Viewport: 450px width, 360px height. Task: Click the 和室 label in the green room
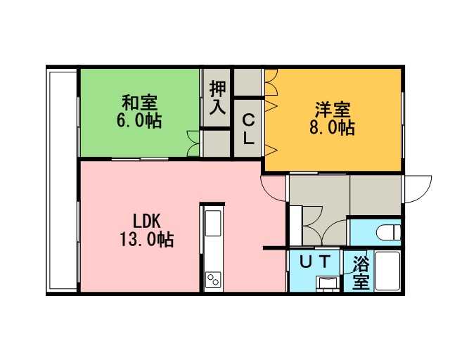coord(140,103)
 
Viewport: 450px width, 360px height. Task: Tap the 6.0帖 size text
coord(139,120)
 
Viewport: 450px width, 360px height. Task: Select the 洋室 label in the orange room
coord(333,110)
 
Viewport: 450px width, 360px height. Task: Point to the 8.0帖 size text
coord(333,127)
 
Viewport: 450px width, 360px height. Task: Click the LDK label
coord(146,221)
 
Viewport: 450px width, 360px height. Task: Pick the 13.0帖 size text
coord(146,240)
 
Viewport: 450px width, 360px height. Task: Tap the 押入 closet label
coord(217,98)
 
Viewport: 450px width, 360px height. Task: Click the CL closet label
coord(248,129)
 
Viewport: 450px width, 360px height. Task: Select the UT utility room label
coord(315,262)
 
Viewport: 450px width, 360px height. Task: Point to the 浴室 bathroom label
coord(361,272)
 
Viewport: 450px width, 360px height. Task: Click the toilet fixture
coord(388,232)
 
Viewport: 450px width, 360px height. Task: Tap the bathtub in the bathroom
coord(387,271)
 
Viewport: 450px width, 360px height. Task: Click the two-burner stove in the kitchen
coord(214,278)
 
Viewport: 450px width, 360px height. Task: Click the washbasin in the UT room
coord(327,283)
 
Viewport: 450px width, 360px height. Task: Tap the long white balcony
coord(63,180)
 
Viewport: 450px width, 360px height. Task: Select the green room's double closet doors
coord(193,143)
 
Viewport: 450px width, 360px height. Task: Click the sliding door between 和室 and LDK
coord(140,159)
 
